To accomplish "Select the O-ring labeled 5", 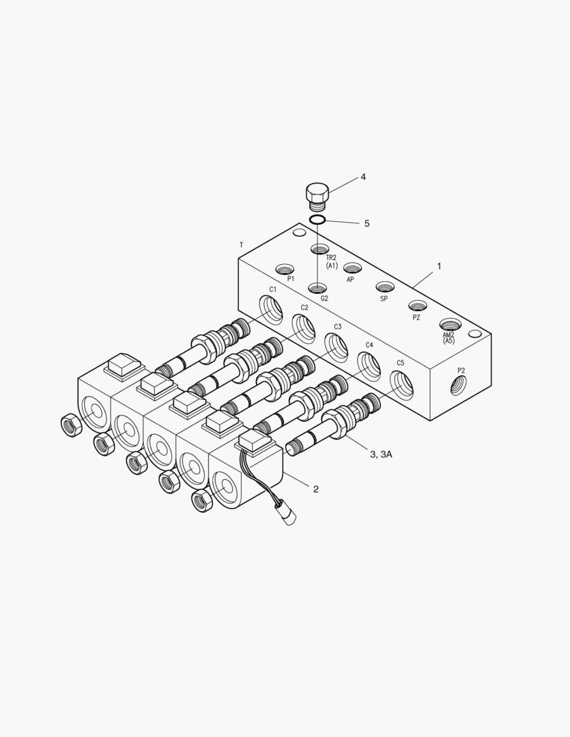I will point(317,220).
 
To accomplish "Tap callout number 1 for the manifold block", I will point(439,266).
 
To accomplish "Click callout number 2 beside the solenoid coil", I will point(315,489).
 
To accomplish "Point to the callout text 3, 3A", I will point(380,454).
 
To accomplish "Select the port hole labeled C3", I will point(334,347).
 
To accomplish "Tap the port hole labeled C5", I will point(401,384).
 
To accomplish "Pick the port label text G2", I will point(324,298).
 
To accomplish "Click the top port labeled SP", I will point(386,287).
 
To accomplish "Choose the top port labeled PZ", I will point(418,306).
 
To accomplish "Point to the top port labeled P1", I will point(284,268).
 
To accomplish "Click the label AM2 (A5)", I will point(448,338).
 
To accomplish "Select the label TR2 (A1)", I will point(331,261).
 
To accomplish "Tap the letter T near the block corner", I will point(240,244).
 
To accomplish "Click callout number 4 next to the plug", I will point(363,177).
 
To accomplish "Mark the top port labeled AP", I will point(352,268).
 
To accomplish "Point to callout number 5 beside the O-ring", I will point(367,223).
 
